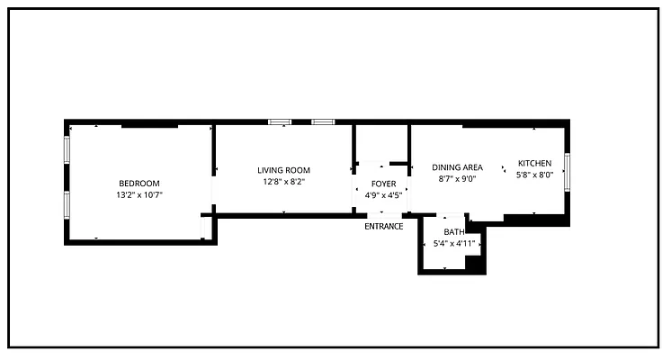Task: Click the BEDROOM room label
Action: click(x=139, y=184)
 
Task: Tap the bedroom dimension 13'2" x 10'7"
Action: click(x=139, y=195)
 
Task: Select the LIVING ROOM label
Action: click(x=283, y=170)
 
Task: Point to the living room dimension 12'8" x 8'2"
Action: click(x=283, y=182)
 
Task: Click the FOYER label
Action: click(x=383, y=184)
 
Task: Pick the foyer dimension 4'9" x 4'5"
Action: click(x=383, y=195)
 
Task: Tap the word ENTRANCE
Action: click(x=383, y=227)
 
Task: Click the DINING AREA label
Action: click(x=457, y=167)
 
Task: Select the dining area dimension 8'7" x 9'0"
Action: click(x=457, y=179)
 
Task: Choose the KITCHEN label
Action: click(x=534, y=163)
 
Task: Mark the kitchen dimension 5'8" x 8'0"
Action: click(x=534, y=175)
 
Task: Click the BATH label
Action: click(x=453, y=232)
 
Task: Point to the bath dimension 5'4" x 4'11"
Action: click(x=454, y=244)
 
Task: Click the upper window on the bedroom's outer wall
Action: click(x=67, y=149)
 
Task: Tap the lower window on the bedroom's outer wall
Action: click(x=67, y=205)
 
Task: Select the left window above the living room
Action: click(x=280, y=122)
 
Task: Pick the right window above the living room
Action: click(x=323, y=122)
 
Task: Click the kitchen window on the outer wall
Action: click(x=567, y=172)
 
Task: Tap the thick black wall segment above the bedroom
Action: click(x=150, y=125)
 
